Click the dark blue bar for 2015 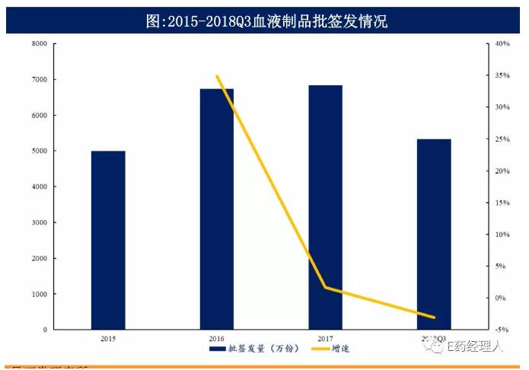(108, 240)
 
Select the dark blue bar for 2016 (217, 209)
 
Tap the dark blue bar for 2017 (325, 207)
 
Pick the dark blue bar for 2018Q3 (435, 234)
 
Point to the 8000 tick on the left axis (39, 44)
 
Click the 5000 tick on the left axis (39, 152)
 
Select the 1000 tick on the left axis (39, 295)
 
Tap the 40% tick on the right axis (501, 44)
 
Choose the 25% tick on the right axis (501, 139)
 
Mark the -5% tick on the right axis (501, 330)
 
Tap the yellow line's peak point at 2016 (217, 76)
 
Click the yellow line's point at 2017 (326, 287)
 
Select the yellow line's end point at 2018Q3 (435, 317)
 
